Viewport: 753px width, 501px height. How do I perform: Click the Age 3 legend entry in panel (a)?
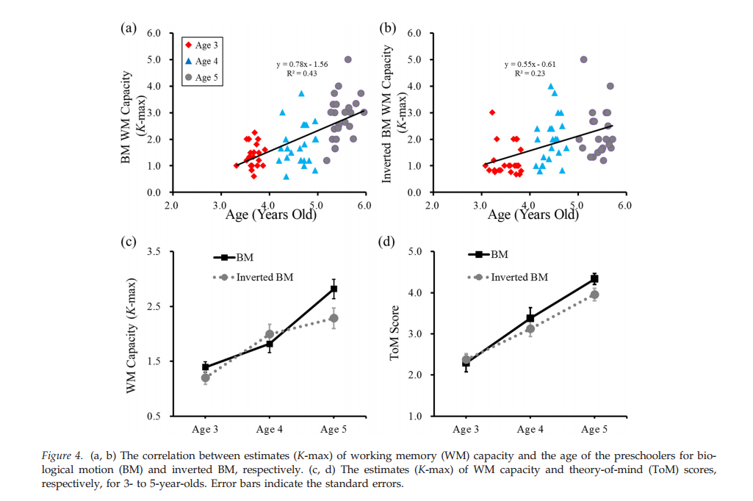[203, 45]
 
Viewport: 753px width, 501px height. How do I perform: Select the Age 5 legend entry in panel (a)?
[203, 77]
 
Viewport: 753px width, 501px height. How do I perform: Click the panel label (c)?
[128, 242]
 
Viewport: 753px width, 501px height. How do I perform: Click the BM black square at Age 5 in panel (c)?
[333, 289]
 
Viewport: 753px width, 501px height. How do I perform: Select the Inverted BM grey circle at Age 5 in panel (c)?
[333, 318]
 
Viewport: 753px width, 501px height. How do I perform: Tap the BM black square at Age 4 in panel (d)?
[530, 318]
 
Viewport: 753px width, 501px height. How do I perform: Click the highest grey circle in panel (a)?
[347, 60]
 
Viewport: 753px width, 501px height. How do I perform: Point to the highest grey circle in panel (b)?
[583, 60]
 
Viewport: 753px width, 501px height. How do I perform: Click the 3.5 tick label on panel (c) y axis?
[154, 252]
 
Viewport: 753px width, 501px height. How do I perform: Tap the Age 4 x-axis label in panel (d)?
[530, 429]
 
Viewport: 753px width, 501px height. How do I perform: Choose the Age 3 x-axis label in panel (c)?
[205, 429]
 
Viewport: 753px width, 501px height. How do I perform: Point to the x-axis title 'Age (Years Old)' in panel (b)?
[533, 215]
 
